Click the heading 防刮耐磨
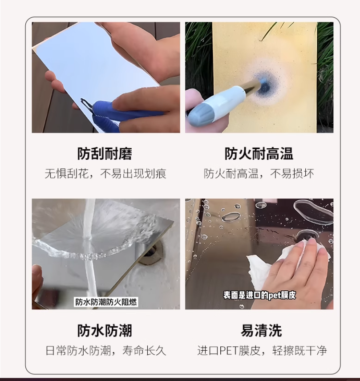[105, 154]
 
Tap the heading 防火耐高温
[259, 154]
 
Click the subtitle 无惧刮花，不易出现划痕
[105, 174]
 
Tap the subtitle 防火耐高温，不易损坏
[259, 174]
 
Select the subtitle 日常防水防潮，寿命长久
[106, 351]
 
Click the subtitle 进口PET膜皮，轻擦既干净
[262, 351]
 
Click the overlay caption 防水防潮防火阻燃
[106, 302]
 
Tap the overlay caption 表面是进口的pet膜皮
[259, 295]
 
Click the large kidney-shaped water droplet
[313, 211]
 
